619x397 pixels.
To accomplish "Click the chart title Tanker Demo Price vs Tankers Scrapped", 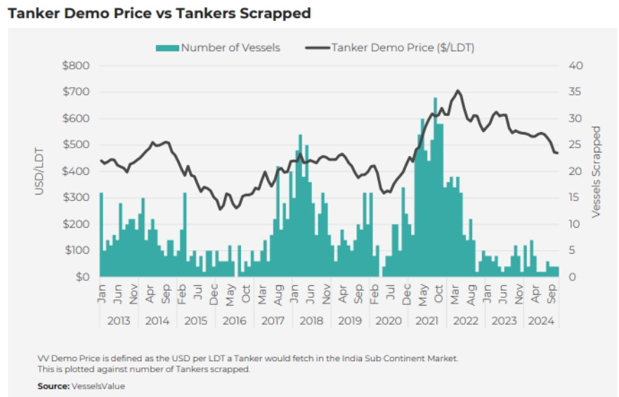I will click(x=159, y=13).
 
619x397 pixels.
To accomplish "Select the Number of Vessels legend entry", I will click(x=219, y=48).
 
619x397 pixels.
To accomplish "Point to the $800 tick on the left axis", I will click(x=77, y=65).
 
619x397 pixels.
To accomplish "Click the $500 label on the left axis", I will click(x=77, y=145).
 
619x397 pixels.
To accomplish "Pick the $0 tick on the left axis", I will click(x=82, y=277).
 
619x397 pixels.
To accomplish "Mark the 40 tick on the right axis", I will click(x=577, y=65).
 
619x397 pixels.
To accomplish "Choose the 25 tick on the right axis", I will click(x=576, y=145).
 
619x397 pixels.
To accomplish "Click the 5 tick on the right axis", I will click(x=573, y=250).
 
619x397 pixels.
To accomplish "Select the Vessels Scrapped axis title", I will click(x=597, y=171).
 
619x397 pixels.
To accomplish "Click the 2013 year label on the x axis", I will click(x=117, y=320).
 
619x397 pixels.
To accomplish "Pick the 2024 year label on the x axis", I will click(x=540, y=320).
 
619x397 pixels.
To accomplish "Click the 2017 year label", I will click(x=271, y=320).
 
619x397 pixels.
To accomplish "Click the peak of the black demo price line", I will click(x=458, y=91).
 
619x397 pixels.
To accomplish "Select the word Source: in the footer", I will click(x=53, y=386).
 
